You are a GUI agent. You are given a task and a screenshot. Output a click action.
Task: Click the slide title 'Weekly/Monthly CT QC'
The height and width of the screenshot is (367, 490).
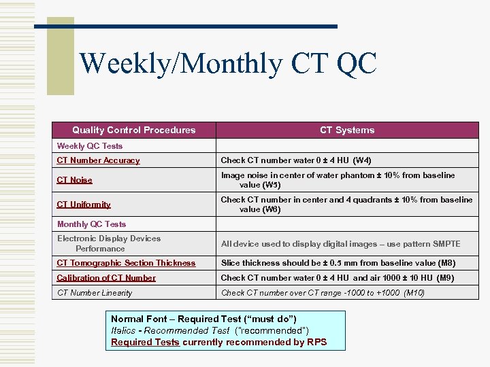(227, 64)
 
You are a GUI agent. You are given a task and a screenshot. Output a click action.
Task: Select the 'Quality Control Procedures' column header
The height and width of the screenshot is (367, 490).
(133, 130)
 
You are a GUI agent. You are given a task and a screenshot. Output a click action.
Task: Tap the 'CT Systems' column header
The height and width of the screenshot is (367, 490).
(347, 130)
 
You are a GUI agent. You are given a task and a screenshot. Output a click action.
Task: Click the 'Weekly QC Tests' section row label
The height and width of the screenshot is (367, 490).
(90, 146)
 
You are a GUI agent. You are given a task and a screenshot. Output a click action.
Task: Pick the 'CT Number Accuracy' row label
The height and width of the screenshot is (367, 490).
(98, 160)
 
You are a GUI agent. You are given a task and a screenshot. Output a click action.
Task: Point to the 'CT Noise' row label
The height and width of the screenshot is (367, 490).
(74, 180)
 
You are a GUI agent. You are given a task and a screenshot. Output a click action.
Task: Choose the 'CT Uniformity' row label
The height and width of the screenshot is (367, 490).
(84, 205)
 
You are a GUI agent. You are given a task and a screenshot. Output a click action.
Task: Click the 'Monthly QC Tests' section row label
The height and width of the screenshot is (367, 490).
(91, 224)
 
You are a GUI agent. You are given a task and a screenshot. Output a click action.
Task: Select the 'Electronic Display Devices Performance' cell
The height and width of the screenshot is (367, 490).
(109, 243)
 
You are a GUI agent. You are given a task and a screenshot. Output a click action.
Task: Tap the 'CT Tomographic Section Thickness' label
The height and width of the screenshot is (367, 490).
(126, 263)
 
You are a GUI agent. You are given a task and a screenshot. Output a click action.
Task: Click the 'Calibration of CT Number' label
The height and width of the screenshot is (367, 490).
(106, 278)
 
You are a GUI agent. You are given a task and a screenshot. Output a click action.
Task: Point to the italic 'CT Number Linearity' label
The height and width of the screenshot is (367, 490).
(95, 293)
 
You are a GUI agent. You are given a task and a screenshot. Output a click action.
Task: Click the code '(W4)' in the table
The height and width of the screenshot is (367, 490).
(362, 160)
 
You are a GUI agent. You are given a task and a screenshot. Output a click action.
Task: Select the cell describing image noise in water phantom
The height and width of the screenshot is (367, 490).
(338, 180)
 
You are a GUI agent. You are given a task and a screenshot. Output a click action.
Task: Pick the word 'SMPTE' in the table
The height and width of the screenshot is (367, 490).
(446, 244)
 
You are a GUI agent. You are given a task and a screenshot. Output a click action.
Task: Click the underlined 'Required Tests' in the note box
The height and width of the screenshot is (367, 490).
(145, 342)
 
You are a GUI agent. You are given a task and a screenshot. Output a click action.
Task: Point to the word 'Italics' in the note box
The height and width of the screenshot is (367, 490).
(123, 330)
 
